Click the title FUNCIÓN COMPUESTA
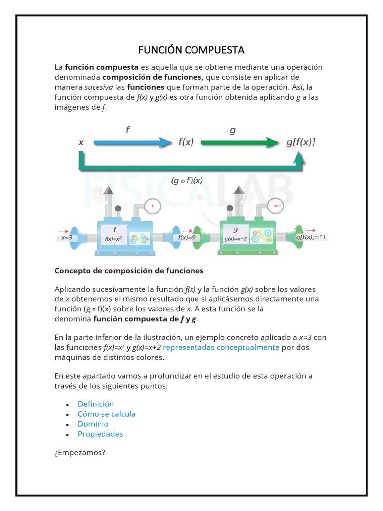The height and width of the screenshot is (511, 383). click(191, 50)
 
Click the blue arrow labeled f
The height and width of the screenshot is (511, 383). click(132, 142)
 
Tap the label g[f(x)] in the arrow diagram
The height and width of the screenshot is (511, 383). click(301, 142)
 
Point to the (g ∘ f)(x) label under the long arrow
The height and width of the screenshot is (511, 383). click(187, 180)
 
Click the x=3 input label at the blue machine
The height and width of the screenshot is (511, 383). click(67, 238)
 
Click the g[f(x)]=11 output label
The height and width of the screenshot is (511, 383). click(311, 237)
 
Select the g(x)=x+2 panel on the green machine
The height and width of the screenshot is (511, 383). click(236, 234)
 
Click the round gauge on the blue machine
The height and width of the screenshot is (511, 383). click(153, 205)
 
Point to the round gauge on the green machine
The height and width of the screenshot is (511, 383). click(275, 205)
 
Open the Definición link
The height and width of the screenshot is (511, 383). click(96, 404)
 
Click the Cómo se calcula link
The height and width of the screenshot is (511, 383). click(106, 414)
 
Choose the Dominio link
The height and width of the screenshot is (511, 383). click(93, 424)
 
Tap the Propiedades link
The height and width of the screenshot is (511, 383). click(100, 434)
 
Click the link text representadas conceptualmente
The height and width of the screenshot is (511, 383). click(221, 347)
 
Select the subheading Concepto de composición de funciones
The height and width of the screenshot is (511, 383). click(129, 271)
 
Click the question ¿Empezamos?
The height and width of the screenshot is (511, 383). click(80, 453)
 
